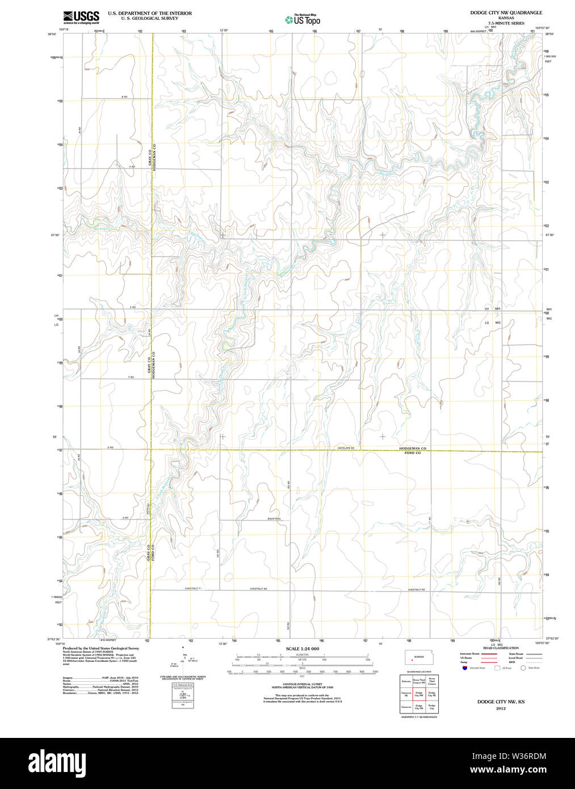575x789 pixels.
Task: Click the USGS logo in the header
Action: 81,17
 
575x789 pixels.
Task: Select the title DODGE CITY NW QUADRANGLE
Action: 506,12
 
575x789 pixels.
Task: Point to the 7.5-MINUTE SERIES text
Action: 506,23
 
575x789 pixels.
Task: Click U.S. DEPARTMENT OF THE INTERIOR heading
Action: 150,13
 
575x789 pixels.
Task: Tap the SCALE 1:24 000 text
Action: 302,649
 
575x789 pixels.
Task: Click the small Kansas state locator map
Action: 418,658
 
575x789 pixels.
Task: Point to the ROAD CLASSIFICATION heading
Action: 501,648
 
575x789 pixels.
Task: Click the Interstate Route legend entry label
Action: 469,654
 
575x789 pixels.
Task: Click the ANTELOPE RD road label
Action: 345,448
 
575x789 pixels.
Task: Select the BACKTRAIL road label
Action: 275,519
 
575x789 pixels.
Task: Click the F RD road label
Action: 131,377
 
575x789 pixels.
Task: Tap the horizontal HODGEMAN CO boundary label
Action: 412,448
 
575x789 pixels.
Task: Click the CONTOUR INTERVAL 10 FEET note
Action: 302,685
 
